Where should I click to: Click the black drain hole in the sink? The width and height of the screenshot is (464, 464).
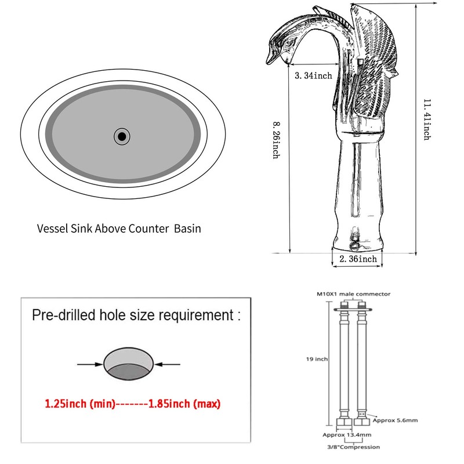click(x=122, y=136)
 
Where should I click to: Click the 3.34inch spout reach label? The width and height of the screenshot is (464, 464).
click(x=313, y=76)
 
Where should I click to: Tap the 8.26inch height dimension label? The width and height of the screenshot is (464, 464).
click(x=277, y=140)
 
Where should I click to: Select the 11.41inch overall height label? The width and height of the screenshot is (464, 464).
click(x=427, y=119)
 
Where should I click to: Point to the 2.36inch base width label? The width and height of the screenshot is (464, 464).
click(x=358, y=259)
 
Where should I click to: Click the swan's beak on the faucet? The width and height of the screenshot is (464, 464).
click(x=271, y=56)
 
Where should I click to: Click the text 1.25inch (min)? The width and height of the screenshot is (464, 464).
click(x=80, y=404)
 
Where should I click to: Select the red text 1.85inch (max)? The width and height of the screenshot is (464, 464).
click(x=184, y=404)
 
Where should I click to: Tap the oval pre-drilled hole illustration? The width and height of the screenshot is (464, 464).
click(x=128, y=364)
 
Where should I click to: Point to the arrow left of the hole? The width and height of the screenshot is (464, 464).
click(x=90, y=364)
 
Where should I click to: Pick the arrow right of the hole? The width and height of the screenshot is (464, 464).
click(x=167, y=364)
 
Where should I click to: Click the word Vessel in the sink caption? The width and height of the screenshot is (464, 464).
click(x=52, y=229)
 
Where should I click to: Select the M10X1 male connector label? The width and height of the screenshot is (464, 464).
click(x=354, y=294)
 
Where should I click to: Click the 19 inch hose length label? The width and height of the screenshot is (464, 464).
click(x=317, y=359)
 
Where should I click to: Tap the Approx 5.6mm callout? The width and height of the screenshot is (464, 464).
click(x=396, y=420)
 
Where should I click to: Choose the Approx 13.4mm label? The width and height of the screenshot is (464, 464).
click(x=347, y=434)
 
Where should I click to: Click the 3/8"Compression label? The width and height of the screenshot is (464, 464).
click(x=353, y=447)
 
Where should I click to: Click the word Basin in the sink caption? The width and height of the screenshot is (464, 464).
click(x=187, y=229)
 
